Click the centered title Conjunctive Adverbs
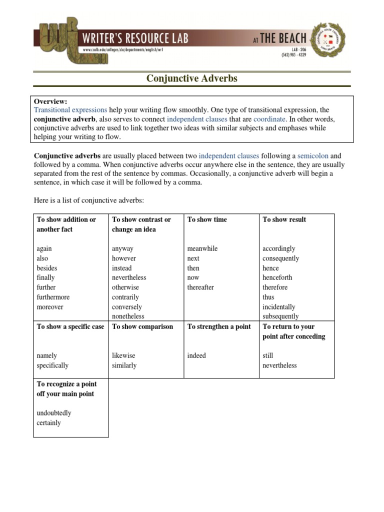tap(191, 78)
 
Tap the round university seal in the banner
tap(328, 39)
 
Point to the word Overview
tap(50, 101)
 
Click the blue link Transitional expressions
tap(70, 110)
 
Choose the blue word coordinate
tap(269, 119)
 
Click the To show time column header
tap(207, 219)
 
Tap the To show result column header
tap(284, 219)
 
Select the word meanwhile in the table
tap(202, 248)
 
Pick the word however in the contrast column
tap(123, 258)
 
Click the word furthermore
tap(53, 297)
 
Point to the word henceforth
tap(277, 277)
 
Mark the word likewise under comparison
tap(123, 355)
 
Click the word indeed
tap(196, 355)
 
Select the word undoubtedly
tap(54, 413)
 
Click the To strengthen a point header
tap(219, 326)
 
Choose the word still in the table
tap(268, 355)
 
